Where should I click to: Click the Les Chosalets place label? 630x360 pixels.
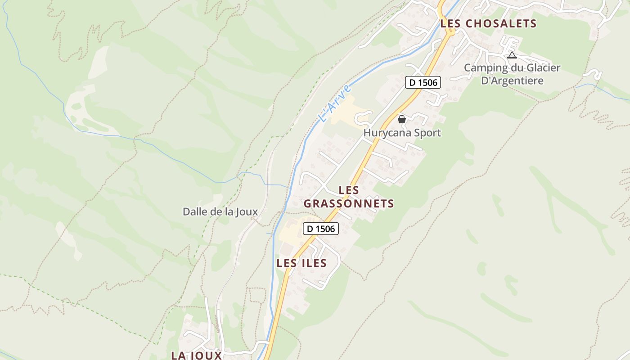point(488,23)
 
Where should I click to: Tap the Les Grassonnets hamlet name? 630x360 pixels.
point(349,197)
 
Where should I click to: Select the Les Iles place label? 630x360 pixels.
point(301,263)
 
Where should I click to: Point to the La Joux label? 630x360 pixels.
point(197,355)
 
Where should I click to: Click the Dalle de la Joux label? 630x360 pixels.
point(220,211)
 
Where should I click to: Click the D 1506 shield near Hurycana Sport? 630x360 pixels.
point(423,82)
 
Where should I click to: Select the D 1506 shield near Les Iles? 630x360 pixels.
point(321,229)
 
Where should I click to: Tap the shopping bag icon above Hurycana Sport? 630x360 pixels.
point(402,119)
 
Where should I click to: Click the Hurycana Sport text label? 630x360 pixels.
point(402,133)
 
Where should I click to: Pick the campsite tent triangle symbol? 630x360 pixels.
point(512,55)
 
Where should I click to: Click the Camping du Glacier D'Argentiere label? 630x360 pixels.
point(512,74)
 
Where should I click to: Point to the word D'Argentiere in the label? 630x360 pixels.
point(512,81)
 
